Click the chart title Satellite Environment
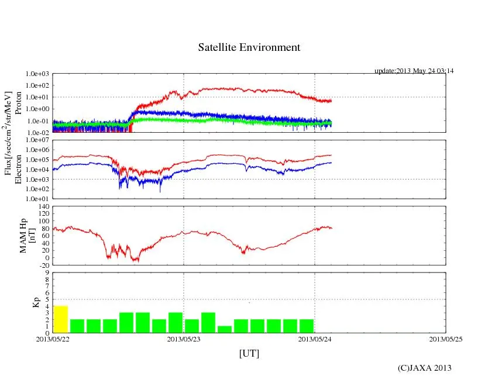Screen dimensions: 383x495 point(249,47)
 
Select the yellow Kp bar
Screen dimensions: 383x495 point(61,319)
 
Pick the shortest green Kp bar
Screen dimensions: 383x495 point(225,329)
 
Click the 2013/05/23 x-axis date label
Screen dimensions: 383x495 point(184,339)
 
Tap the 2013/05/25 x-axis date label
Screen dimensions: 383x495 point(446,339)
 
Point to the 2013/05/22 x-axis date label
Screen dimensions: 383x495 point(53,339)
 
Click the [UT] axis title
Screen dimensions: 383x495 point(249,353)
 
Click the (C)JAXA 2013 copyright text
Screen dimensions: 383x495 point(424,368)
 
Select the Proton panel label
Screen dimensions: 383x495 point(18,103)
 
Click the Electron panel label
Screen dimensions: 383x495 point(18,170)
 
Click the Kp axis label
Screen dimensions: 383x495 point(35,303)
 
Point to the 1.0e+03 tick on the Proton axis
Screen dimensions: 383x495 point(37,74)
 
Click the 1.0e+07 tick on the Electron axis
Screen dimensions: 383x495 point(37,141)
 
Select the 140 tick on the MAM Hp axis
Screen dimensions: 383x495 point(43,207)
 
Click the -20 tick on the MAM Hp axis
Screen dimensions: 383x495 point(43,265)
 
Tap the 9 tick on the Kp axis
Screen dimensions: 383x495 point(46,272)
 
